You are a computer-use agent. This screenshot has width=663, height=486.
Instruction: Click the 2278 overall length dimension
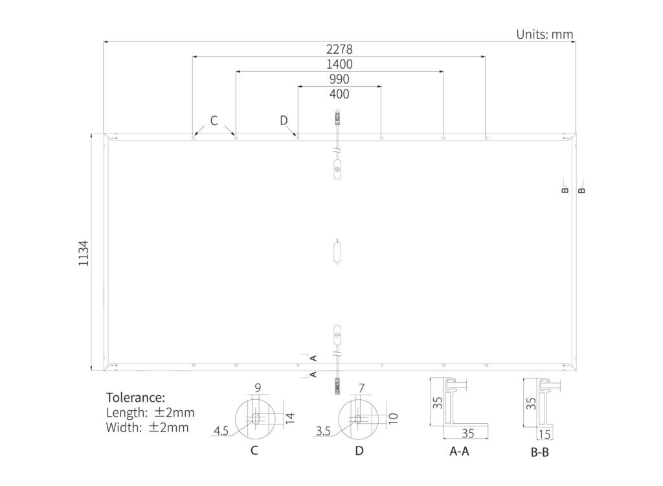click(339, 49)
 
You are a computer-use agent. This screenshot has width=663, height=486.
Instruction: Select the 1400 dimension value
click(339, 64)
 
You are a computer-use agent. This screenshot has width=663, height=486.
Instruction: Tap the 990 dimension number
click(339, 79)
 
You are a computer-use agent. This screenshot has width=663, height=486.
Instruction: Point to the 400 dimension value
click(339, 93)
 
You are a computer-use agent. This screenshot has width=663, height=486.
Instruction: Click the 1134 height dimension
click(84, 253)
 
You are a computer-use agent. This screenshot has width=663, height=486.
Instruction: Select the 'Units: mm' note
click(545, 34)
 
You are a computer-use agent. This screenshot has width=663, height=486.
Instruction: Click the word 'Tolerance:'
click(135, 397)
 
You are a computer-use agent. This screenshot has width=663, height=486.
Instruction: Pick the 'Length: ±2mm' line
click(150, 412)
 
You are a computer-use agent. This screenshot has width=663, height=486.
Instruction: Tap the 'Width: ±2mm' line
click(147, 427)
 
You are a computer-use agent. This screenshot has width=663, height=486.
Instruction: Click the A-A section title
click(459, 451)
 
